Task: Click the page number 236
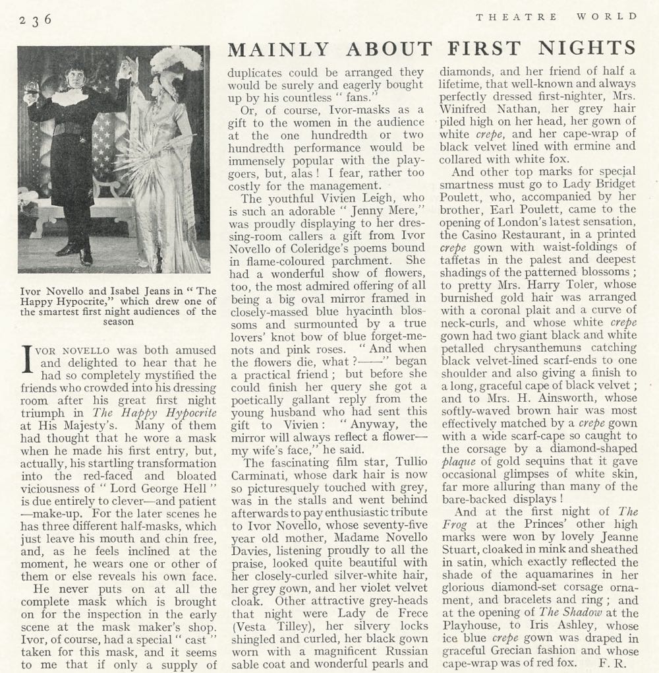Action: (x=36, y=19)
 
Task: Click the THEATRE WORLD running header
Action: (x=557, y=17)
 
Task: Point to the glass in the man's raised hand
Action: (x=30, y=88)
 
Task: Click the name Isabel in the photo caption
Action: (x=129, y=290)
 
